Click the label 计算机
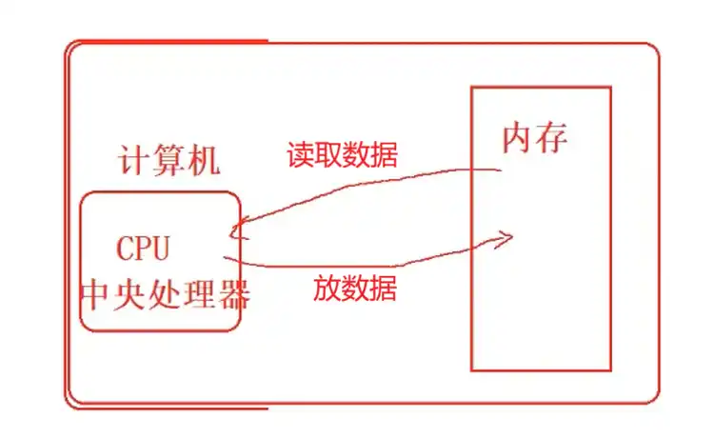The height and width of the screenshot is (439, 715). click(x=169, y=160)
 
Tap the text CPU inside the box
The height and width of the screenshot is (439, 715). click(x=143, y=249)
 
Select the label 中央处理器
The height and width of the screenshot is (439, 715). click(x=164, y=295)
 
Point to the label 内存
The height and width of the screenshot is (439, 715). click(x=535, y=138)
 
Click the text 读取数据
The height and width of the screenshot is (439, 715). click(x=343, y=154)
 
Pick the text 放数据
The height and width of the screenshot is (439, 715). click(x=355, y=288)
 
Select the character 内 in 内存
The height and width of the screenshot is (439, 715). click(x=518, y=138)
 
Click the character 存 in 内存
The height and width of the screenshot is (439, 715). click(x=552, y=138)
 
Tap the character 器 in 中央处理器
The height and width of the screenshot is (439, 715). click(x=233, y=295)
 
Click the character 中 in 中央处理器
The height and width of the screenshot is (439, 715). click(x=95, y=295)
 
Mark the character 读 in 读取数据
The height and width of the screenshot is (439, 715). click(x=301, y=154)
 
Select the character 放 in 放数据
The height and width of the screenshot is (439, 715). click(x=327, y=288)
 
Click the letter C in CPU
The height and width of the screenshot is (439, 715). click(x=126, y=249)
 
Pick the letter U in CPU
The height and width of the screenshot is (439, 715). click(x=160, y=249)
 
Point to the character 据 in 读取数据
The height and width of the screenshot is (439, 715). click(x=385, y=154)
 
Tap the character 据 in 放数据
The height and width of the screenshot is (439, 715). click(x=384, y=288)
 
